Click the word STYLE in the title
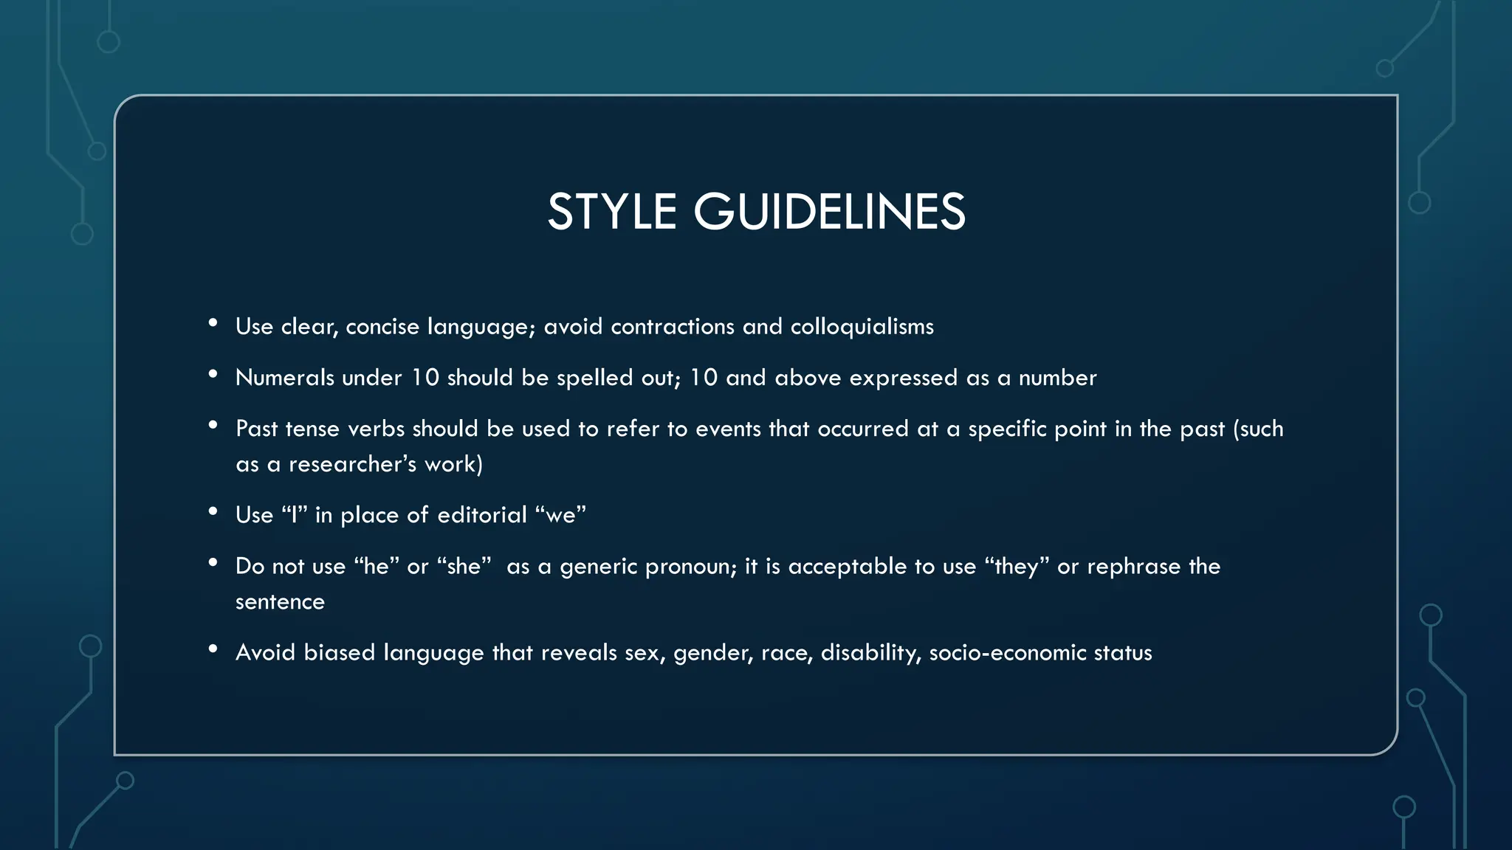coord(611,212)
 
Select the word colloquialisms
coord(862,326)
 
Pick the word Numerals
coord(284,378)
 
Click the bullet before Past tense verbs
coord(213,425)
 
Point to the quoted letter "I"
coord(295,515)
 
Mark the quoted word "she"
coord(464,566)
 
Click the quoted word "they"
coord(1017,566)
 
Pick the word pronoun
coord(690,566)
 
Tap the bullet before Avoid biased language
coord(213,649)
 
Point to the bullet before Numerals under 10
coord(213,374)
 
